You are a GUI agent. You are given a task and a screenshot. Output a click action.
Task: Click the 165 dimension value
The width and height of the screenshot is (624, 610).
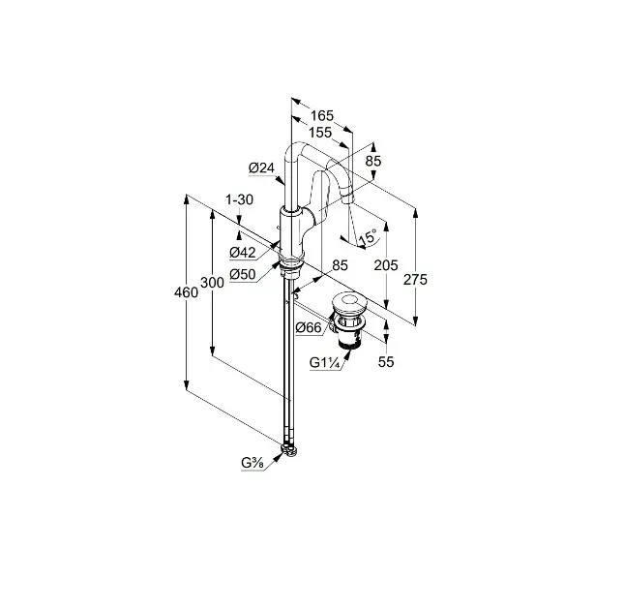tap(322, 115)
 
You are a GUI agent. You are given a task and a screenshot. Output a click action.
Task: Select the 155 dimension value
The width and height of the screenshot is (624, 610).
tap(320, 133)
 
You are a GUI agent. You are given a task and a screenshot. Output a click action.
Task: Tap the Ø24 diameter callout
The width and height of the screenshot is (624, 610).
tap(261, 168)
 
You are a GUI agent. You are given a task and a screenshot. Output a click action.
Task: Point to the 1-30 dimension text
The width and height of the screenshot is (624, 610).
tap(239, 199)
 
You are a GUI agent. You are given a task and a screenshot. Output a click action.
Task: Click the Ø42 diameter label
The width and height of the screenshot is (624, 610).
tap(243, 252)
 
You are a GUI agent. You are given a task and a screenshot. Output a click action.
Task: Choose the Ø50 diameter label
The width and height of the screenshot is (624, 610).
tap(243, 274)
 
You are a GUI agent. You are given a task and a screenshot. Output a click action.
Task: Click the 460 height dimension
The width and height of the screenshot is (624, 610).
tap(186, 292)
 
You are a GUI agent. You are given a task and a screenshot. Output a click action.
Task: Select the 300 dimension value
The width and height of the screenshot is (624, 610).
tap(212, 283)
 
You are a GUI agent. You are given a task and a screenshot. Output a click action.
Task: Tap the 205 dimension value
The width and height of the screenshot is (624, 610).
tap(386, 265)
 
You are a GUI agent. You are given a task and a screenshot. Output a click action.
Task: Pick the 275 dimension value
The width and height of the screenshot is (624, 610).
tap(415, 280)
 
